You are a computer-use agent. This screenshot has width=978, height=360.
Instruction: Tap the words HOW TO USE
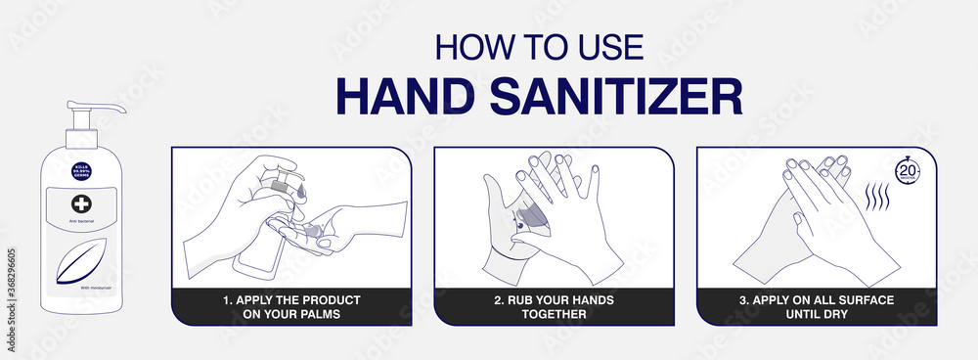(538, 46)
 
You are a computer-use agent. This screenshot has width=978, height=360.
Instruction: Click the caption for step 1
(291, 306)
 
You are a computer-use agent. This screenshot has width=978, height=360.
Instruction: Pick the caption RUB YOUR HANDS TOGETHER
(554, 306)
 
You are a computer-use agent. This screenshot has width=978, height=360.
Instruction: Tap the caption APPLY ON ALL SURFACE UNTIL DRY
(816, 306)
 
